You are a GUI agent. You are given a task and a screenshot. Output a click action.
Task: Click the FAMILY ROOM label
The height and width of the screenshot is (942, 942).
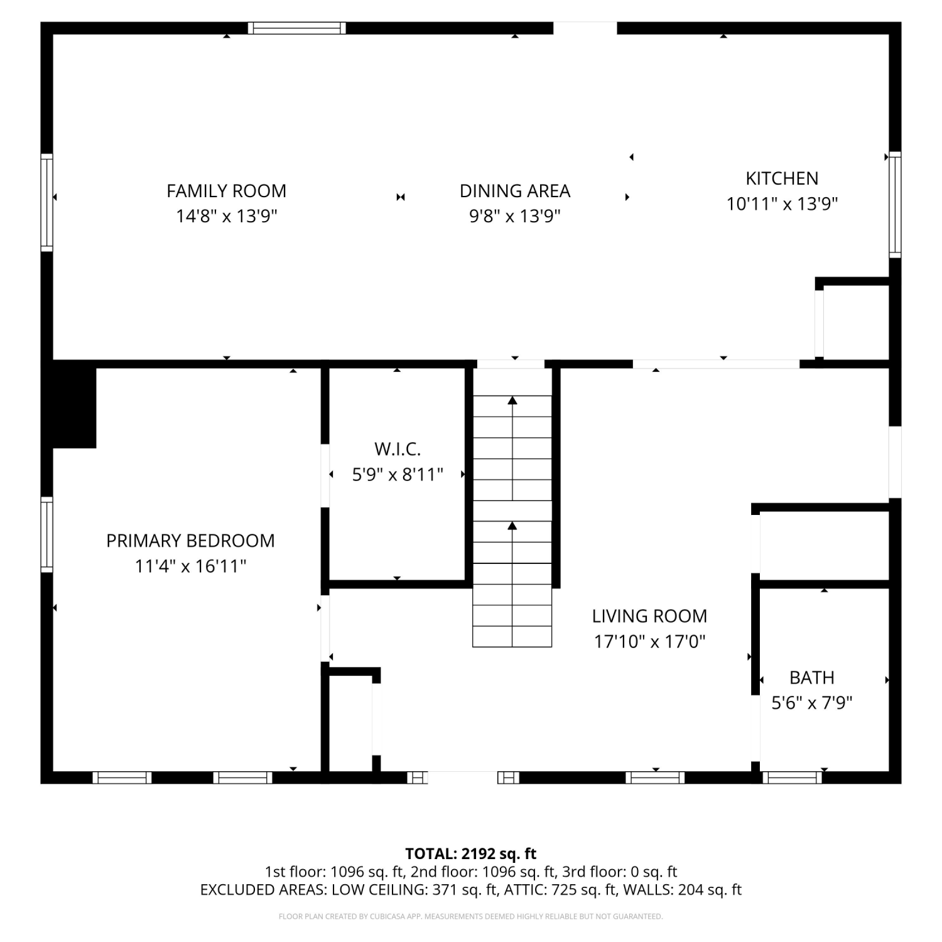coord(226,191)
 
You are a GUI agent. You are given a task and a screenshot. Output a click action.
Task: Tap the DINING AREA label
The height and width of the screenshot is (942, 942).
coord(515,191)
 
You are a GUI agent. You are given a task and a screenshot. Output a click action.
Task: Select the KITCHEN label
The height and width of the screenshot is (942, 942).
coord(782,178)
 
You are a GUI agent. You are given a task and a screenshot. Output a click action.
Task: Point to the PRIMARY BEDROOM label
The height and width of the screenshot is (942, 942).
coord(190,541)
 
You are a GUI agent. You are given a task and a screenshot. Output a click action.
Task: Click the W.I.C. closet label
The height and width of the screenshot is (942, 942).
coord(398,449)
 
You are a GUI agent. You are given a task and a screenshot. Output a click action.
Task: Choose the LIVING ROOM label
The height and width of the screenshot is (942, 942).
coord(649,616)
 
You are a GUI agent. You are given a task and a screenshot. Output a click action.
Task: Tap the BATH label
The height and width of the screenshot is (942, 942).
coord(812,678)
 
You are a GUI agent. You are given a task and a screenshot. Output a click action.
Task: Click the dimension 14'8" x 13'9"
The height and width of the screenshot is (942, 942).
coord(227,217)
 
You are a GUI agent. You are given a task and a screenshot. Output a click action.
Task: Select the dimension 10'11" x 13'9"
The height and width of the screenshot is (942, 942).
coord(782,204)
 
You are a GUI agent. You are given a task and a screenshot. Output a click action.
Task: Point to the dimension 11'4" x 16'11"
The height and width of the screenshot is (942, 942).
coord(190,566)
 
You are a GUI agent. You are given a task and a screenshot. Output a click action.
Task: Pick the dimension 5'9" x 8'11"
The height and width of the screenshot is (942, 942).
coord(398,475)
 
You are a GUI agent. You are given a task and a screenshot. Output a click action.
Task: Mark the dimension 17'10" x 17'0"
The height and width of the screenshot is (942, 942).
coord(650,642)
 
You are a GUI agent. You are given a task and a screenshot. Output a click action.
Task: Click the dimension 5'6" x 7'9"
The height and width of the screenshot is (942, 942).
coord(812,703)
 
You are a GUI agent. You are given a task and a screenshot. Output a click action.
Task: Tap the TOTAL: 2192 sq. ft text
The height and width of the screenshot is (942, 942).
coord(471,853)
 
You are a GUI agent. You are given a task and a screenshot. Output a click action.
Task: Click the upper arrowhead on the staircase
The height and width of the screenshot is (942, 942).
coord(512,400)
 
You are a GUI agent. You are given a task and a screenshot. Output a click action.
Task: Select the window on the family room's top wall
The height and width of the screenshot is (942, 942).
coord(296,28)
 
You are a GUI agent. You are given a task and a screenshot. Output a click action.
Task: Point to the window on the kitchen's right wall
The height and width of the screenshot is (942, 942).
coord(895,204)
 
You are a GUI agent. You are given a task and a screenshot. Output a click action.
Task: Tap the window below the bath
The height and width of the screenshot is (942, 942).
coord(792,777)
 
